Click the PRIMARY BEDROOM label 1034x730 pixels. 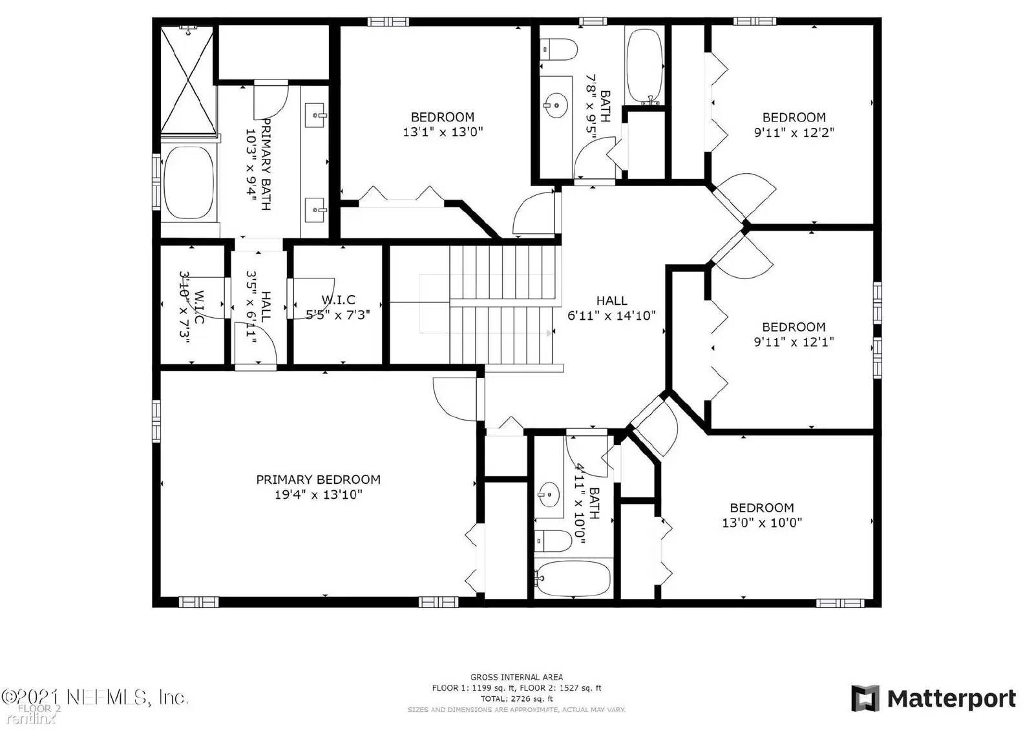pos(318,479)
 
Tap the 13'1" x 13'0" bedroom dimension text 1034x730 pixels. pos(443,132)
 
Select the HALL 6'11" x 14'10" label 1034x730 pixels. pos(611,308)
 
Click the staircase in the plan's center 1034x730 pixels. pos(502,304)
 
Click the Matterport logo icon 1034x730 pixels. pos(865,698)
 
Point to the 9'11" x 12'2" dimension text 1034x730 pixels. pos(794,132)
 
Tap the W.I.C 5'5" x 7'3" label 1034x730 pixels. pos(338,308)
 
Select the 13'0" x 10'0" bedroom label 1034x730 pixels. pos(761,516)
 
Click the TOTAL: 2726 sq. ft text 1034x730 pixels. pos(516,699)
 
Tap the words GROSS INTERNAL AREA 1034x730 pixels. pos(516,677)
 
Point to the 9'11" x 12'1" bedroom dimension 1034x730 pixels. pos(794,342)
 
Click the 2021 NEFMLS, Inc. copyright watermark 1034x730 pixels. pos(95,697)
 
